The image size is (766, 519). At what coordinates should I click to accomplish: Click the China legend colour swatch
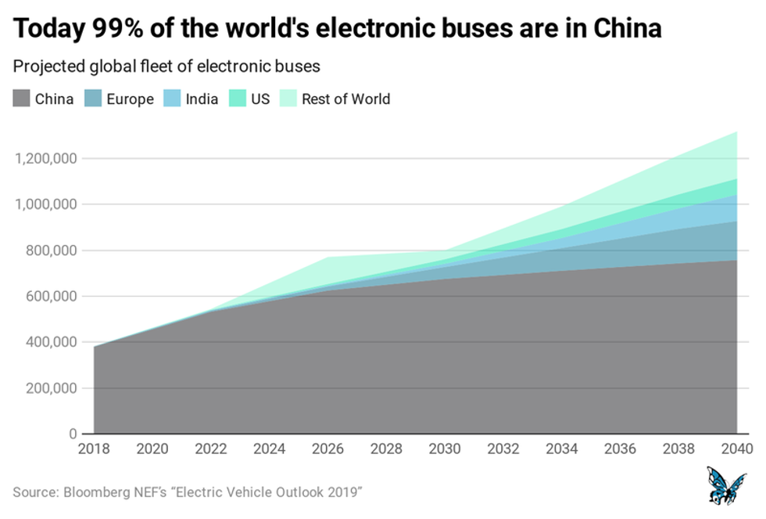[22, 99]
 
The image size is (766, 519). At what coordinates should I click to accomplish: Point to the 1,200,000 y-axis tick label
[45, 159]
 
